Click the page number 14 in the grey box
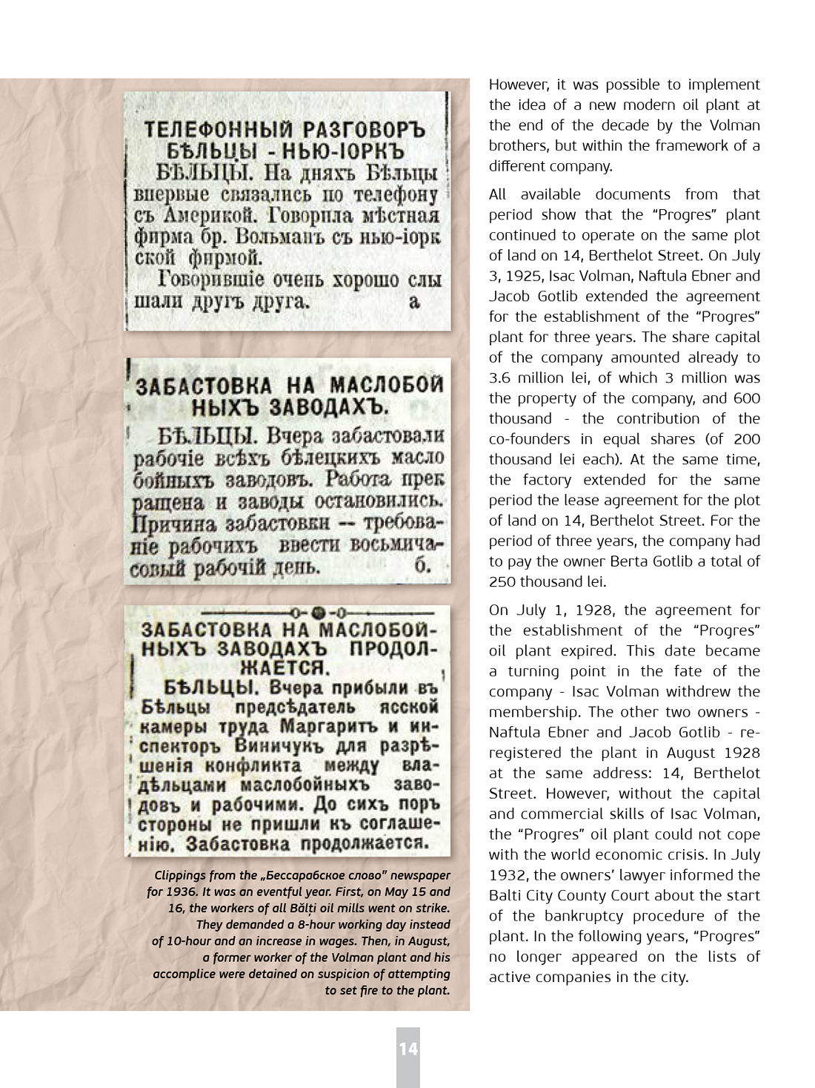point(408,1048)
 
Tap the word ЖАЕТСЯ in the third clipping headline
point(290,667)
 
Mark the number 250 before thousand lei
point(502,581)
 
